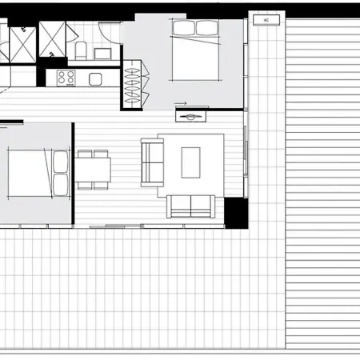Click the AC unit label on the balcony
coord(266,20)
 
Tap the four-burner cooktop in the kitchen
coord(66,78)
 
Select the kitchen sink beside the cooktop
coord(95,79)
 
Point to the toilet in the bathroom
coord(81,50)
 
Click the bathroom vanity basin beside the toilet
coord(102,54)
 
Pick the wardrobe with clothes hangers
coord(132,85)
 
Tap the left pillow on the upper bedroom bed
coord(184,28)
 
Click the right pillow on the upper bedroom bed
coord(207,28)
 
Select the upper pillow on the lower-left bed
coord(60,162)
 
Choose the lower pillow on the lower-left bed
coord(60,185)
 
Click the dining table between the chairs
coord(93,170)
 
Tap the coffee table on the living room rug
coord(190,162)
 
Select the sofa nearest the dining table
coord(152,162)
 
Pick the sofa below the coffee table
coord(191,206)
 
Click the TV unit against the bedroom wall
coord(190,117)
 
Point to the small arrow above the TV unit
coord(180,103)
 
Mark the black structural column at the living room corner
coord(236,213)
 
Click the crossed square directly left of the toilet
coord(52,39)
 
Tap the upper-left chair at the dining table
coord(85,154)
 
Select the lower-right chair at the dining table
coord(101,186)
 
